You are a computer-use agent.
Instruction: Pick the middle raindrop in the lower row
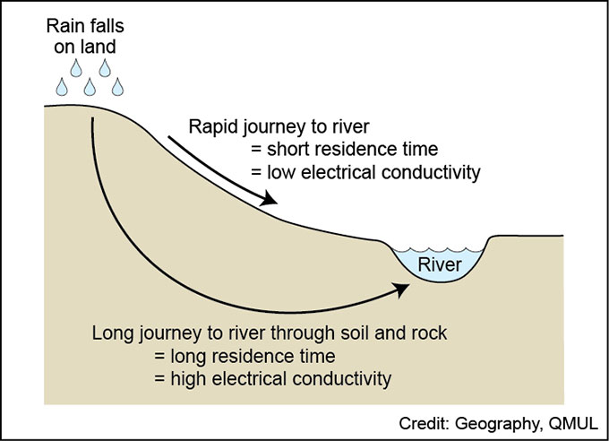coord(90,87)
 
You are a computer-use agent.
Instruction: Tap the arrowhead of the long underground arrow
coord(399,289)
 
